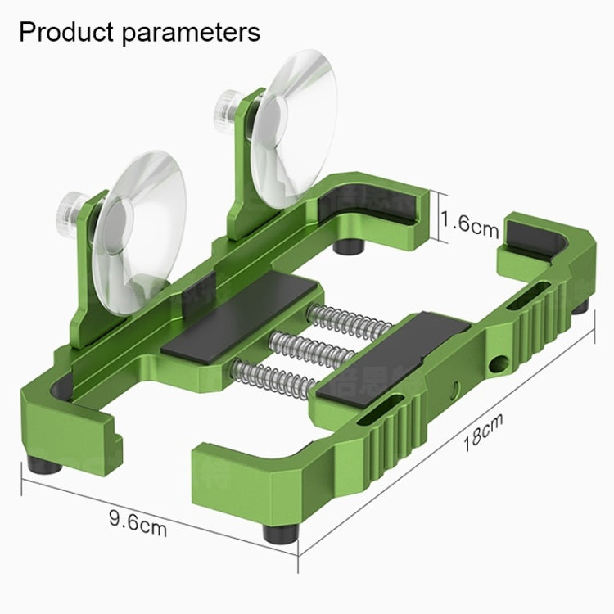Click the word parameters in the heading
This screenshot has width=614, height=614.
[x=193, y=33]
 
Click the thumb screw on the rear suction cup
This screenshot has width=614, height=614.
[x=224, y=104]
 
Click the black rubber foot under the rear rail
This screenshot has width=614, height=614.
[x=353, y=243]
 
